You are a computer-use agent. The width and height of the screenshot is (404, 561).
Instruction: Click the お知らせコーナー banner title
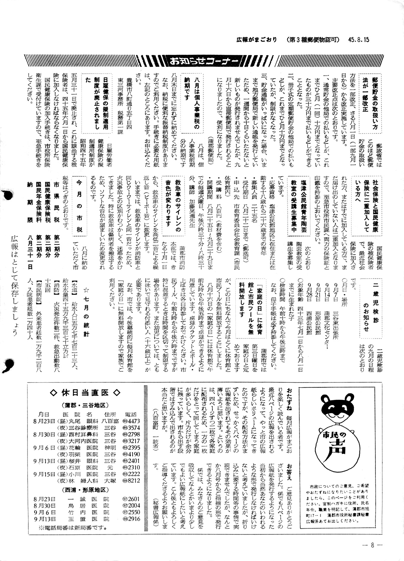204,61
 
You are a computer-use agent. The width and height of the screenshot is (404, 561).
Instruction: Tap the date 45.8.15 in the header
359,39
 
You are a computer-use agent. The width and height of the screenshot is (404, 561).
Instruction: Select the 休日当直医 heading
85,393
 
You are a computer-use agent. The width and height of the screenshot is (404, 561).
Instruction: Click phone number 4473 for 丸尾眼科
133,421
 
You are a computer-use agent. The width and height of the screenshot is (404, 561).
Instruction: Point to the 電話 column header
131,414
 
